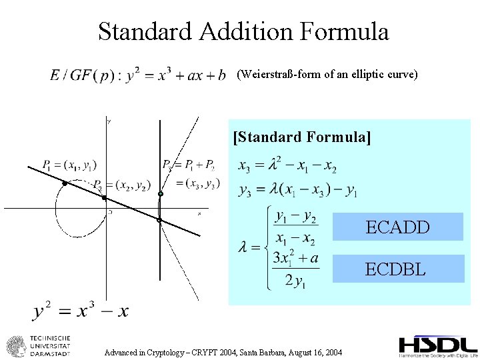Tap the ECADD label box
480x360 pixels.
(x=398, y=227)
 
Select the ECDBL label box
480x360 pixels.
(x=398, y=269)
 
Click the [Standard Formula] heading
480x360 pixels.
(x=302, y=137)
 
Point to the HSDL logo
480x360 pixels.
(x=438, y=346)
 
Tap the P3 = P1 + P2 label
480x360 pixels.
(x=188, y=165)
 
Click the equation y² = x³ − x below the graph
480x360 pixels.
(x=81, y=311)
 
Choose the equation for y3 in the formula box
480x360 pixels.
(x=297, y=191)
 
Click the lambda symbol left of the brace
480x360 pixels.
(x=245, y=247)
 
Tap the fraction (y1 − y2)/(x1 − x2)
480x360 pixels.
(x=295, y=227)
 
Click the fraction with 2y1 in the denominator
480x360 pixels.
(x=295, y=269)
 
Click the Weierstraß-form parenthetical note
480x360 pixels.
(x=327, y=75)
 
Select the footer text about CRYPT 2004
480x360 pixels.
(x=223, y=351)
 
